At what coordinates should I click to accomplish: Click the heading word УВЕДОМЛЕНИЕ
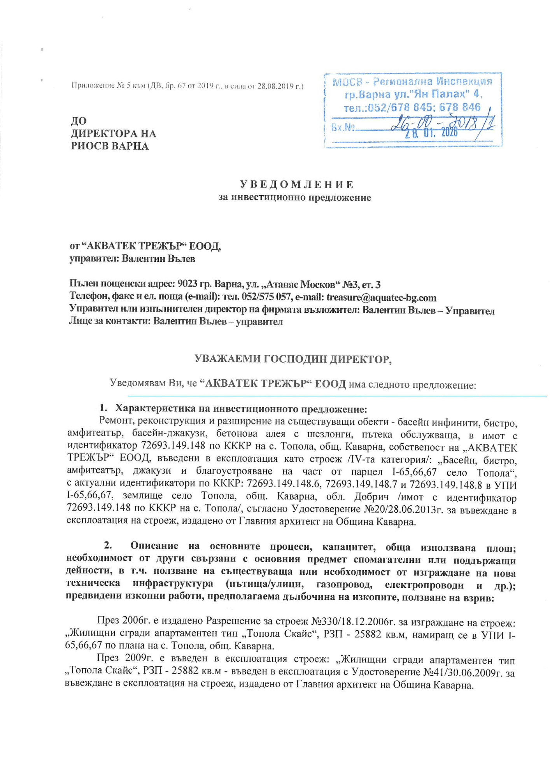296,184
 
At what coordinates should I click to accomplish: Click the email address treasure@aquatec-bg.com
381,298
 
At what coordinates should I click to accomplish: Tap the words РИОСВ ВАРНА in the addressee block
110,146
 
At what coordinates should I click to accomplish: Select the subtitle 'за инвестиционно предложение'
295,198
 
